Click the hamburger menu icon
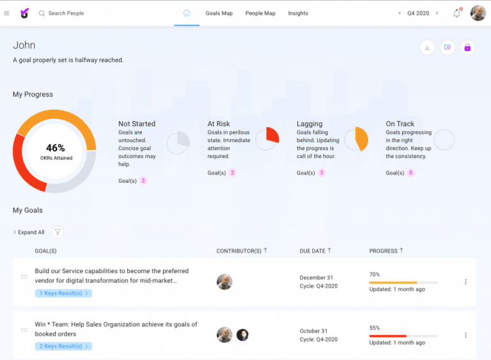point(6,13)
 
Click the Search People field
point(66,13)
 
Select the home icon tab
point(187,13)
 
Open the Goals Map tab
point(219,13)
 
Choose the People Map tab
point(260,13)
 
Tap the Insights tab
point(298,13)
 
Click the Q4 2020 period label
point(418,13)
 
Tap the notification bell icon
point(456,13)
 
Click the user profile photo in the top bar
point(478,13)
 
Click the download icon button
point(427,47)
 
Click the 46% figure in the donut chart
point(56,148)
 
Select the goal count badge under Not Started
point(143,181)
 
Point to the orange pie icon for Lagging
point(357,139)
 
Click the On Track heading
point(400,124)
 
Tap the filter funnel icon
point(58,233)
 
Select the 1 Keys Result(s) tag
point(63,293)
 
